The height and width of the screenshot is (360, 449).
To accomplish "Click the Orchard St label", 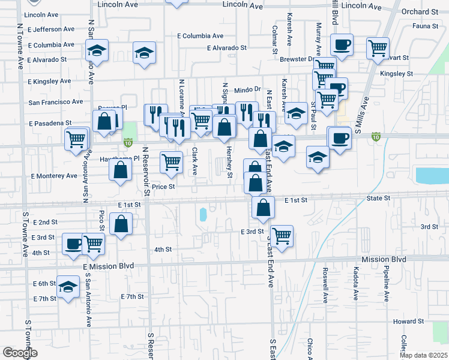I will pos(420,11).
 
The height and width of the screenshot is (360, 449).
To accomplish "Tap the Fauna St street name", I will pos(426,26).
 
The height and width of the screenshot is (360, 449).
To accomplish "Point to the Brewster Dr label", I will pos(297,59).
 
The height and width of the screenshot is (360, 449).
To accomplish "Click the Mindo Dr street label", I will pos(247,89).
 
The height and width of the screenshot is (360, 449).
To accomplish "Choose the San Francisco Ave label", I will pos(56,102).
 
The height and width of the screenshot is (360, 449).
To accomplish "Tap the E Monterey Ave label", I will pos(53,176).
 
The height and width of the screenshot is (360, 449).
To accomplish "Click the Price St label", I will pos(163,187).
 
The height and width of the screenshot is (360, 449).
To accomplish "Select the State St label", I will pos(378,197).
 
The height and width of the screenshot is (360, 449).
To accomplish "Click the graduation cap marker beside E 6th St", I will pos(68,287).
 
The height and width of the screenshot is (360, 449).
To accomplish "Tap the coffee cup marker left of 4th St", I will pos(74,243).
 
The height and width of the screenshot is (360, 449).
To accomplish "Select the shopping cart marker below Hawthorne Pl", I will pos(172,161).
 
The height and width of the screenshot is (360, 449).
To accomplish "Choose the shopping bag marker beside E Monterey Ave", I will pos(120,169).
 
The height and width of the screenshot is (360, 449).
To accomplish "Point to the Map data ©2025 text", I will pos(423,355).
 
